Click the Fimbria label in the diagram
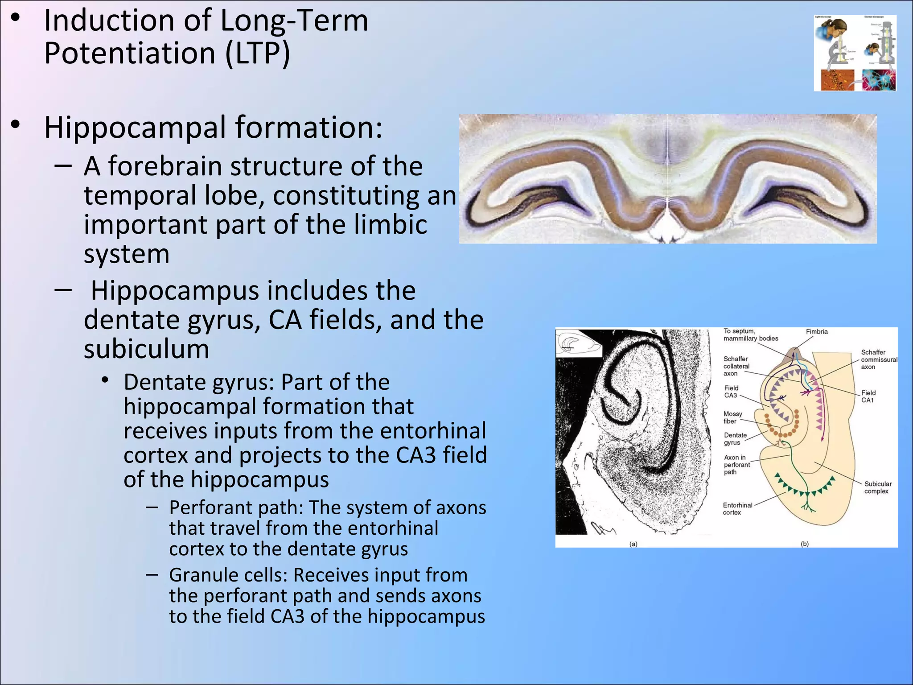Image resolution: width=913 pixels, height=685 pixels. pos(816,331)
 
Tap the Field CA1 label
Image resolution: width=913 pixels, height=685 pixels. pos(868,396)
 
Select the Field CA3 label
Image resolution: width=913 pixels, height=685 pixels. pos(731,392)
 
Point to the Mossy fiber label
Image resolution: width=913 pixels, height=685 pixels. pos(732,417)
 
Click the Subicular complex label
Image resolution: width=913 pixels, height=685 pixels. pos(877,487)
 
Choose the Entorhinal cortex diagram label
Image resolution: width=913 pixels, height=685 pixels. pos(737,508)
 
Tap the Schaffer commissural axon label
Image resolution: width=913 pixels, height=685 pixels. pos(878,359)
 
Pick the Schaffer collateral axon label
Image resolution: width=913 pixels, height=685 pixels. pos(736,366)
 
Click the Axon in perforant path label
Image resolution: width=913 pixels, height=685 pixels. pos(736,464)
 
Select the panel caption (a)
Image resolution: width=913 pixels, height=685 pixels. pos(633,544)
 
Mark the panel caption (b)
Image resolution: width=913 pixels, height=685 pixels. pos(804,544)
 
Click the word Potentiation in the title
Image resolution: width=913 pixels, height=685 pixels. pos(130,54)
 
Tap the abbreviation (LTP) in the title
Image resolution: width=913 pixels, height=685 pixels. pos(257,54)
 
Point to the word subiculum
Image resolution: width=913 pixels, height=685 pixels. pos(146,349)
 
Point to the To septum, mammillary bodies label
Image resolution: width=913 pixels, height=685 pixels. pos(750,334)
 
